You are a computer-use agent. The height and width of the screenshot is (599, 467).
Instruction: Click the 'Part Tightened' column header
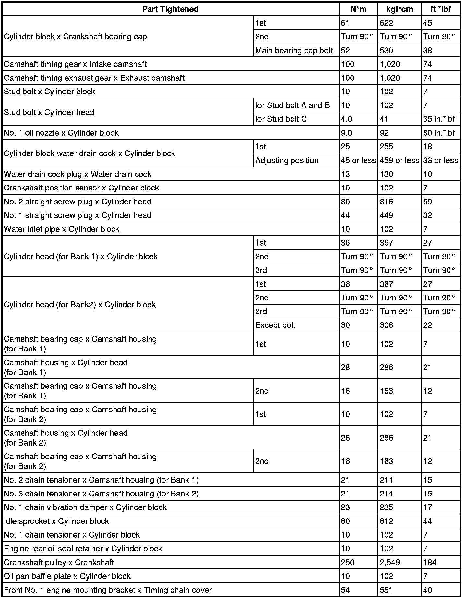(170, 9)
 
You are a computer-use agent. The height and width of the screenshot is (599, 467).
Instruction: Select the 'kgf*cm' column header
(400, 9)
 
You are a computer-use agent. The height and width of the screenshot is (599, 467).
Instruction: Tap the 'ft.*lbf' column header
(440, 9)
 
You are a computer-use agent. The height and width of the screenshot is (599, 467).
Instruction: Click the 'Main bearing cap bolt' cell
(294, 50)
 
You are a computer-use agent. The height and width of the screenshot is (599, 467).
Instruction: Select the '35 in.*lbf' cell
(439, 119)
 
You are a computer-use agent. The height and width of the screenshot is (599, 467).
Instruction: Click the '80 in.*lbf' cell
(439, 133)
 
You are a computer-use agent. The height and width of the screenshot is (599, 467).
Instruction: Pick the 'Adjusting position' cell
(287, 160)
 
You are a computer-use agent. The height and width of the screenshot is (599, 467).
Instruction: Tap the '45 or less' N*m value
(358, 160)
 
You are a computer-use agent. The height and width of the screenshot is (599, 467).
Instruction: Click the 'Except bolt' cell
(275, 325)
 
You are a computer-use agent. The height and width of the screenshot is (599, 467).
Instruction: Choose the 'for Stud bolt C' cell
(281, 119)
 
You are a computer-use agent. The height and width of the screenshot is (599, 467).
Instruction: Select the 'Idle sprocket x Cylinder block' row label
(56, 521)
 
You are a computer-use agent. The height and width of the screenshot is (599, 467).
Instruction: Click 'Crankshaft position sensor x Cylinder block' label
(81, 188)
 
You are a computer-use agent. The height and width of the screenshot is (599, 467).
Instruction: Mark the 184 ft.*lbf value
(430, 562)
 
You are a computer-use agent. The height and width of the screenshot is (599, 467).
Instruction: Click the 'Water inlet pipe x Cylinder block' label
(62, 229)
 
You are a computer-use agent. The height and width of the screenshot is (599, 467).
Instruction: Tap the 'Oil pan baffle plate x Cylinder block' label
(67, 576)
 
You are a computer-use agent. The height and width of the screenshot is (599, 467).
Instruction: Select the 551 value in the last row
(386, 590)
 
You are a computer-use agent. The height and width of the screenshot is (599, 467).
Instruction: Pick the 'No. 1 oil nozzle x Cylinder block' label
(61, 133)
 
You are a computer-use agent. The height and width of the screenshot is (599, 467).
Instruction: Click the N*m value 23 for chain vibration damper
(345, 507)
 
